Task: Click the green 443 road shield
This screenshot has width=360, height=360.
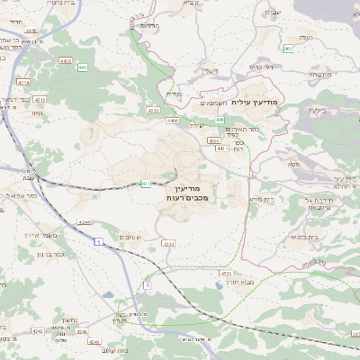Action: point(83,67)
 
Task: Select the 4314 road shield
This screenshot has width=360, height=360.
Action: point(23,83)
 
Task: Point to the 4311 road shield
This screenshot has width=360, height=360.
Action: point(40,99)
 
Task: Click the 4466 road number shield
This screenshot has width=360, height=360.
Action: point(173,121)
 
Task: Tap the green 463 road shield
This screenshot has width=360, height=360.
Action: point(288,48)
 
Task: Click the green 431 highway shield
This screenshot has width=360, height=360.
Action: point(146,184)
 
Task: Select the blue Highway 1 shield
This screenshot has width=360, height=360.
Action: point(96,242)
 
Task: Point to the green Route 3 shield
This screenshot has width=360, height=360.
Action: point(147,285)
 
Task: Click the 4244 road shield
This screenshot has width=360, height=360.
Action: point(84,221)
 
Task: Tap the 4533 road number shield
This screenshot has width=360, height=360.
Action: point(226,273)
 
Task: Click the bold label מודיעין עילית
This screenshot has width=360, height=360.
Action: point(256,103)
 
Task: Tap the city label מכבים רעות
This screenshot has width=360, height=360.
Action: point(187,197)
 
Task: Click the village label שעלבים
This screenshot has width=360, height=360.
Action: point(130,236)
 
